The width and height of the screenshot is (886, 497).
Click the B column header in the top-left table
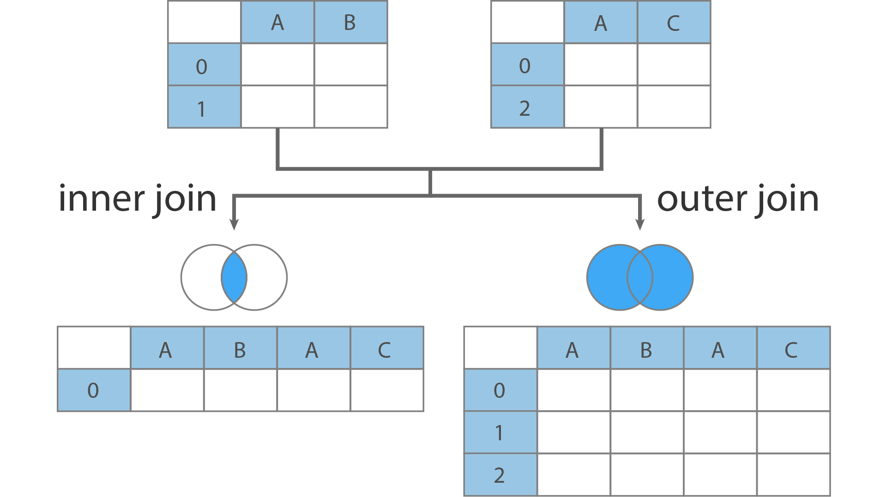pyautogui.click(x=350, y=22)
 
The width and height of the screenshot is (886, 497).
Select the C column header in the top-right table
pyautogui.click(x=674, y=22)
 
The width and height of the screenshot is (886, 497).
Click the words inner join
pyautogui.click(x=138, y=199)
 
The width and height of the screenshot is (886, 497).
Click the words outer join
pyautogui.click(x=738, y=199)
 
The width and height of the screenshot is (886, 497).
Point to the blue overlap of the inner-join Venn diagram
pyautogui.click(x=234, y=278)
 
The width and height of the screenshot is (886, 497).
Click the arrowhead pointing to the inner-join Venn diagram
pyautogui.click(x=234, y=224)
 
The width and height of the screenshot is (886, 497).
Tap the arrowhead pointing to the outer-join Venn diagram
pyautogui.click(x=640, y=224)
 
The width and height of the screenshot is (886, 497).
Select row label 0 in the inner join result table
pyautogui.click(x=94, y=390)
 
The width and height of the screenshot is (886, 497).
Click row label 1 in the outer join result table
pyautogui.click(x=500, y=432)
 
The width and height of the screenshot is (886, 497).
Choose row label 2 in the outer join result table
pyautogui.click(x=500, y=475)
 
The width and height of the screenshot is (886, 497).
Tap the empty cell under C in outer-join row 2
pyautogui.click(x=793, y=475)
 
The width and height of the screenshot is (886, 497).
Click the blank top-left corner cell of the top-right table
pyautogui.click(x=527, y=22)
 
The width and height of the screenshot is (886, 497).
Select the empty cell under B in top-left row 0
pyautogui.click(x=350, y=65)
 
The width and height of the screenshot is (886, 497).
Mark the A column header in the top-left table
pyautogui.click(x=277, y=22)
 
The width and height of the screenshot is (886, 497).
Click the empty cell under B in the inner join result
pyautogui.click(x=240, y=390)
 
